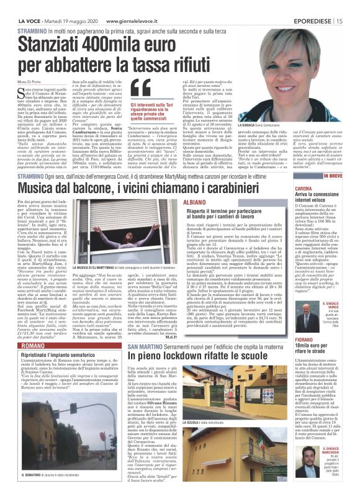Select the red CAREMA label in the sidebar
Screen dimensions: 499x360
tap(304, 187)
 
